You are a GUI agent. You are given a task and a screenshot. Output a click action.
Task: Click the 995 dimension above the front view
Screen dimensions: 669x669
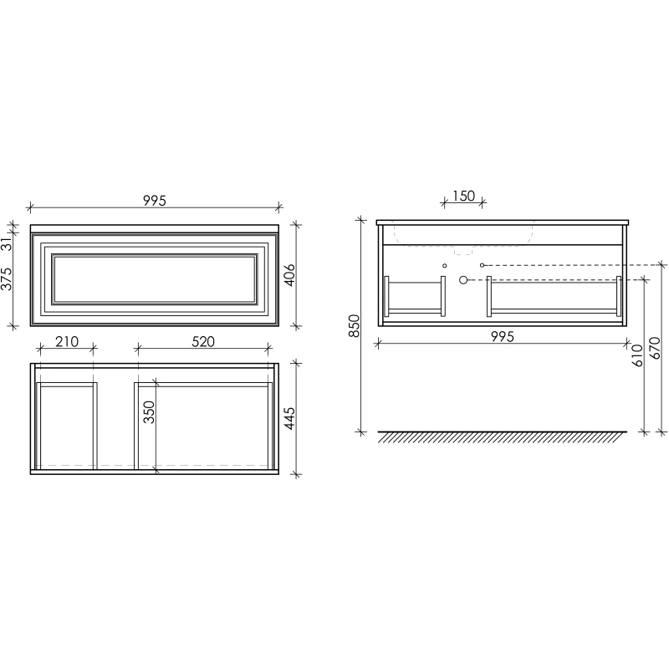(x=155, y=200)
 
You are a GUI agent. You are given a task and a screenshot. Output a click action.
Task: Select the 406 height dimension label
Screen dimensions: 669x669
(x=289, y=275)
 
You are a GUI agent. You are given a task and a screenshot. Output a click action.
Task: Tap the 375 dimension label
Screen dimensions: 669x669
(x=7, y=279)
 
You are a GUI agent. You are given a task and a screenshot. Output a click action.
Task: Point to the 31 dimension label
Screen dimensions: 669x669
(x=7, y=244)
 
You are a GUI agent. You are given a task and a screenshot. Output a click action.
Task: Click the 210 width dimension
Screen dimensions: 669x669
(x=67, y=341)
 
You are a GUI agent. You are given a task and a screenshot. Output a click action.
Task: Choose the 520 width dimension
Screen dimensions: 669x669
(x=203, y=341)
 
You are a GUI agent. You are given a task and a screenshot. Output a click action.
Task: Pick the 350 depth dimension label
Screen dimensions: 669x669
(x=149, y=411)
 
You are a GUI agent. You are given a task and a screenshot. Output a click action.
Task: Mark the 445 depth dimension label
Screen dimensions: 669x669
(x=289, y=418)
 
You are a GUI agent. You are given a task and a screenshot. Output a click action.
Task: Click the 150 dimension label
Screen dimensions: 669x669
(x=463, y=196)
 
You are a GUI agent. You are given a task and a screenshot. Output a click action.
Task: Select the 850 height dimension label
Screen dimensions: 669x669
(x=355, y=326)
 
